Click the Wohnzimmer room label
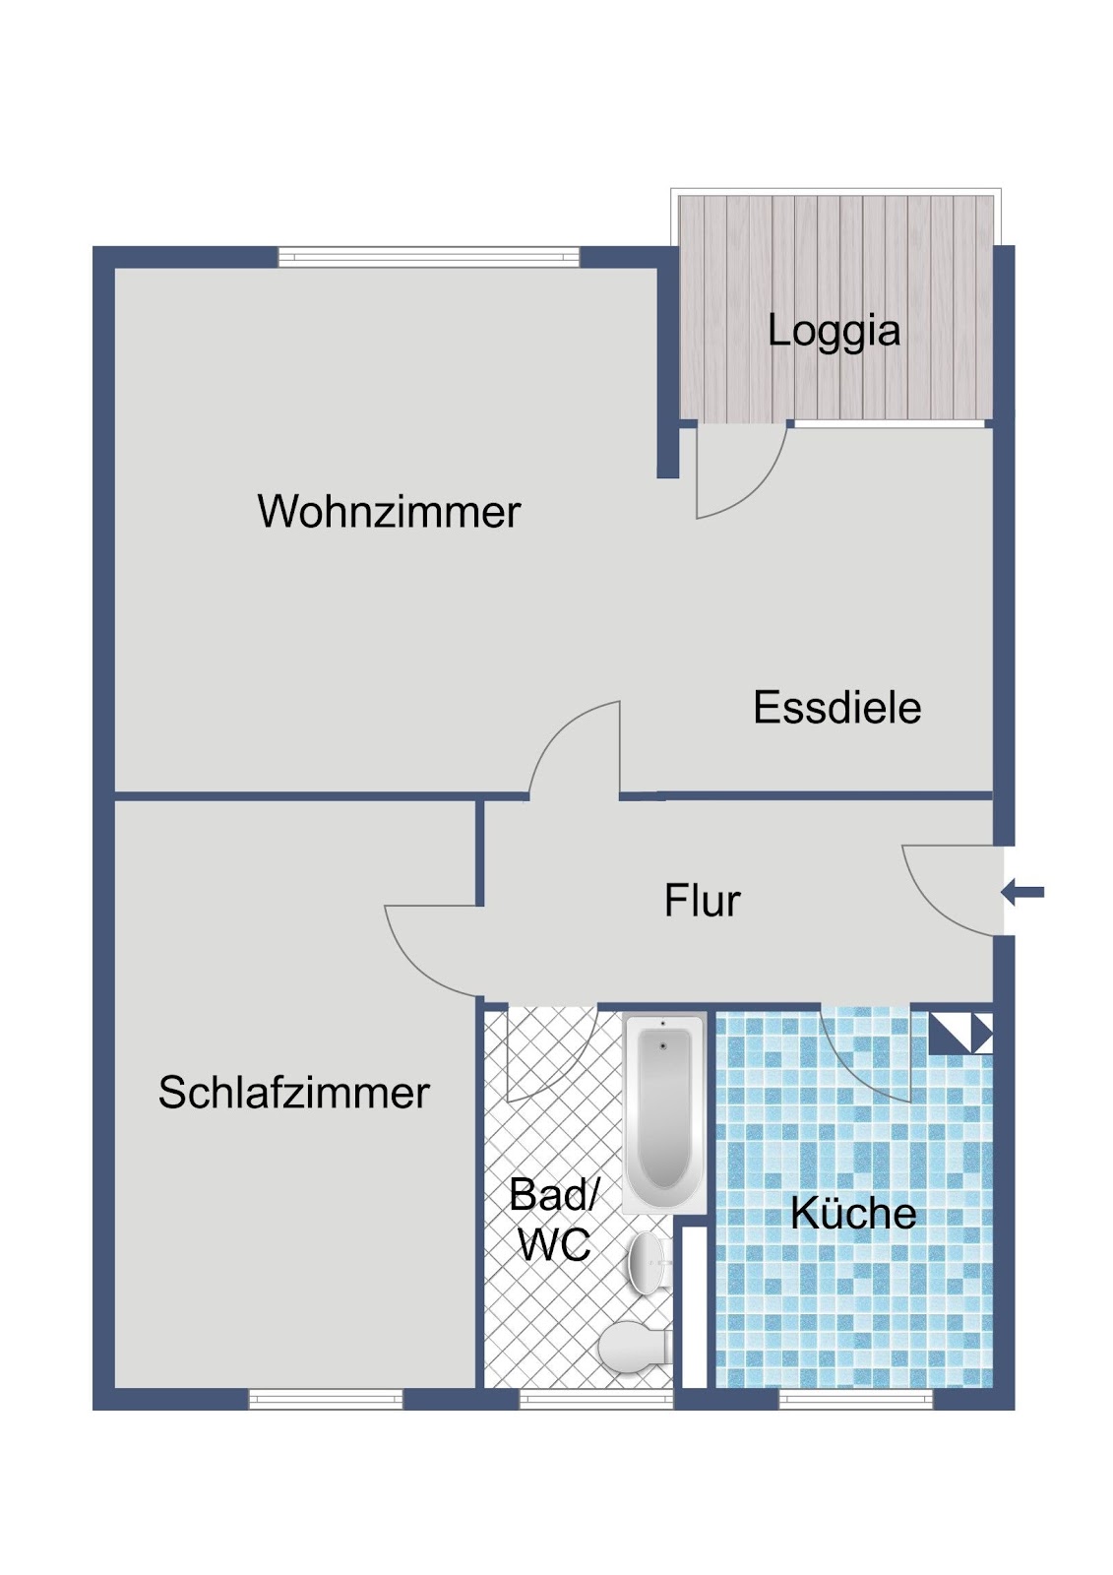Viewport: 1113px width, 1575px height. (389, 511)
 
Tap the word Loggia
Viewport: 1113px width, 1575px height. (834, 331)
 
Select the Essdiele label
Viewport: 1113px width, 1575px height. (836, 708)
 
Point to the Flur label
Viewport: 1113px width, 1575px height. (702, 901)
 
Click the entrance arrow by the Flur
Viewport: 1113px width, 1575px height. (1022, 893)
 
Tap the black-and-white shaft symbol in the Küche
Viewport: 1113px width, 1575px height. (960, 1033)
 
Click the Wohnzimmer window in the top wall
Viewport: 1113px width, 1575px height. (429, 257)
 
